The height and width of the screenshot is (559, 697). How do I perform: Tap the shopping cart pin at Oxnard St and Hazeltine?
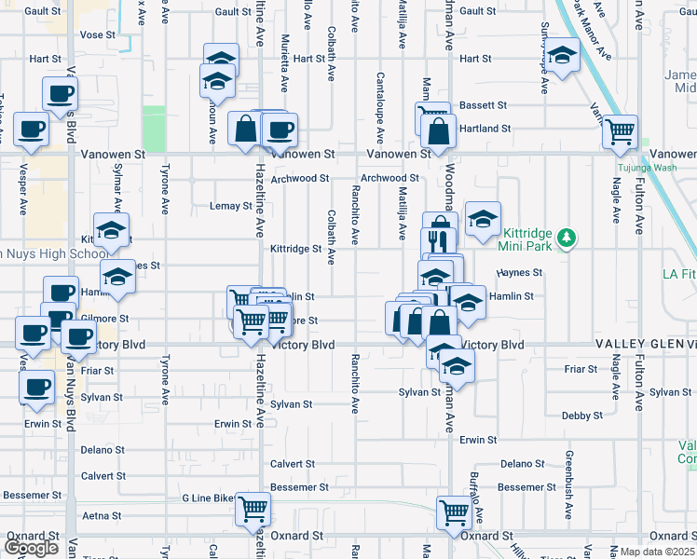point(253,509)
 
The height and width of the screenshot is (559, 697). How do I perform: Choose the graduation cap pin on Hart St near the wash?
point(562,55)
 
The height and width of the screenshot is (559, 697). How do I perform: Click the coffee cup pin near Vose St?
point(60,93)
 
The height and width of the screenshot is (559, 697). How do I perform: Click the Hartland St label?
point(488,129)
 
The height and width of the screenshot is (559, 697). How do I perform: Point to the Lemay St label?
point(225,206)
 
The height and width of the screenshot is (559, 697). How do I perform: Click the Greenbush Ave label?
point(568,476)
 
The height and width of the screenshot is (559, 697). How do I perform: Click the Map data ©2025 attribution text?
point(655,552)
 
